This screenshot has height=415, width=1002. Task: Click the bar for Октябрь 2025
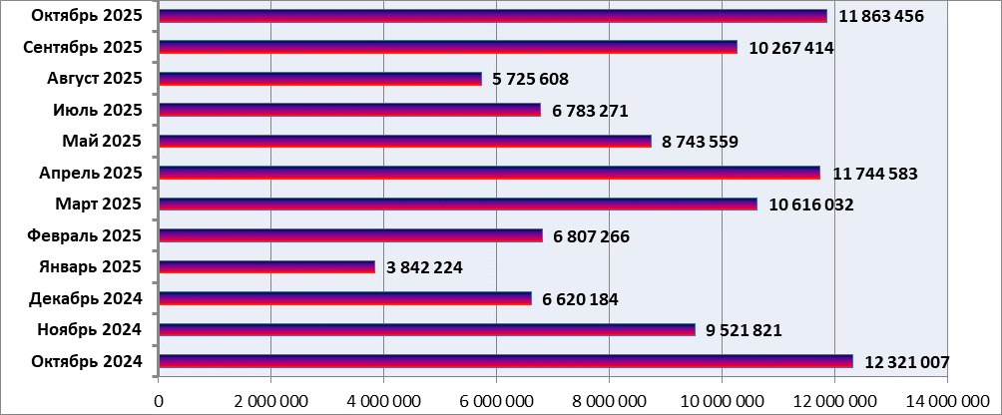pos(492,16)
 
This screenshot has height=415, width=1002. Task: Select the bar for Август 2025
pos(319,79)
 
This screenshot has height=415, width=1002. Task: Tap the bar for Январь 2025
pos(266,267)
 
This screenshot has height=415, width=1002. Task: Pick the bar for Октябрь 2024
pos(505,361)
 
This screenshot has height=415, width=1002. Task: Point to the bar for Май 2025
pos(404,142)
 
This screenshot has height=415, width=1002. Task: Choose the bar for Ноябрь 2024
pos(426,330)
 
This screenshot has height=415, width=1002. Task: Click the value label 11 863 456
pos(881,16)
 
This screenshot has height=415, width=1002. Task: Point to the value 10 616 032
pos(811,205)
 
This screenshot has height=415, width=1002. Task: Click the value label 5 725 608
pos(535,79)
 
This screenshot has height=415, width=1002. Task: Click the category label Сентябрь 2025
pos(83,47)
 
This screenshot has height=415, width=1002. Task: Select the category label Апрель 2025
pos(91,173)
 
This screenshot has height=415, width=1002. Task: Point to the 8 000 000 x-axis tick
pos(609,401)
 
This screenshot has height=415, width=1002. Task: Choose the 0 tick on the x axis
pos(159,401)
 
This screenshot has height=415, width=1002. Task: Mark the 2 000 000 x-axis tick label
pos(270,401)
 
